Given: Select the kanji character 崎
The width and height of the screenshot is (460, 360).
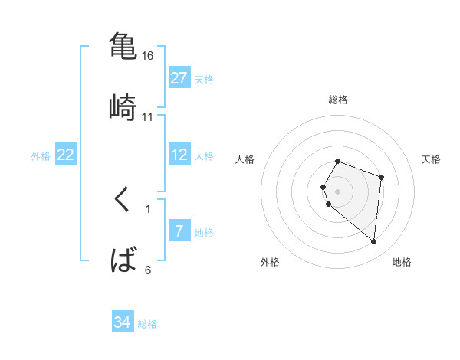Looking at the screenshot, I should coord(123,106).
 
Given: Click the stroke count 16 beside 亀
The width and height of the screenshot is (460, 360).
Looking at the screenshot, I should coord(148,56).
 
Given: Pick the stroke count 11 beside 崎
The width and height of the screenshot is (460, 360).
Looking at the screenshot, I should coord(148,116).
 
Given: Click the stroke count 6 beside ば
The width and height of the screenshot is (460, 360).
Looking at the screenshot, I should coord(148,270).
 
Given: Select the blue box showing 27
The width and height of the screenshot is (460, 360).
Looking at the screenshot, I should coord(179,78).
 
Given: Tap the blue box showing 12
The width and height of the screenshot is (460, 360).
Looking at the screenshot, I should coord(179,155).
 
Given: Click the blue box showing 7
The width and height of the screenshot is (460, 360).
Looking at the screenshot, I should coord(179,231).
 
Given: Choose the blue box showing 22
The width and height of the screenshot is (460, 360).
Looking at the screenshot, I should coord(66,155).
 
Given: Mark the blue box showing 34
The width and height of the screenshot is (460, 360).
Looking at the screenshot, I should coord(123,322).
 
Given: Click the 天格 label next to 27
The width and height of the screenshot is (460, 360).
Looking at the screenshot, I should coord(203,80).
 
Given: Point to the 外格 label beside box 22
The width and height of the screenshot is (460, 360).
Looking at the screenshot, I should coord(41,156).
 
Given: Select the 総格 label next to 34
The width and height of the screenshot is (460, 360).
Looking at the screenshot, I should coord(147,324).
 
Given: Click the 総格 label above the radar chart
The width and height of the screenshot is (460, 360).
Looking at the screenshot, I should coord(338,100).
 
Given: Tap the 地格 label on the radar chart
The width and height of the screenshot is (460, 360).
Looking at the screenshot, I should coord(402,263).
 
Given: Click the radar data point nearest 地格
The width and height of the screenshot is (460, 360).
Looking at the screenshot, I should coord(373,242).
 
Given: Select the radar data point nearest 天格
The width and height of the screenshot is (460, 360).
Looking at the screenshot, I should coord(381,177).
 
